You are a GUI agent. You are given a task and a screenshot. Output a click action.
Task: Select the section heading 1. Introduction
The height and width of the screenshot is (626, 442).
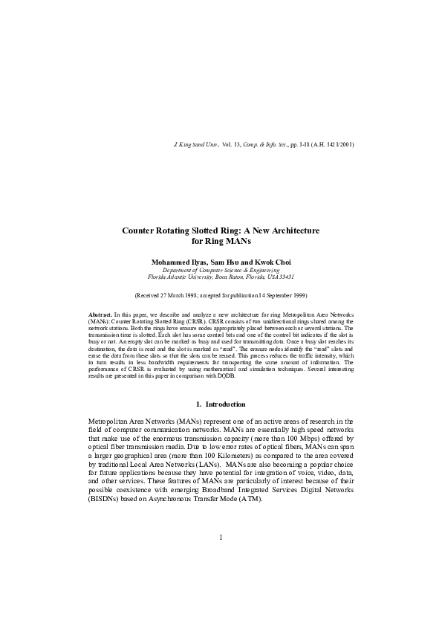click(221, 404)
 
